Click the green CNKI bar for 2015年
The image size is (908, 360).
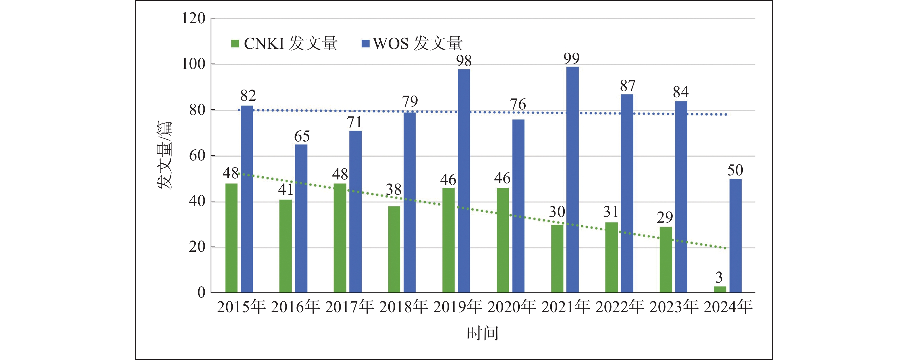click(x=231, y=238)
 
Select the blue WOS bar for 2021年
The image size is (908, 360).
click(x=572, y=180)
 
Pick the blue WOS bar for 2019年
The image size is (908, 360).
click(x=464, y=181)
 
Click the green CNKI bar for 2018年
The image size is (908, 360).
click(x=394, y=249)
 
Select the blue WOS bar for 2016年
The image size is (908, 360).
click(x=301, y=219)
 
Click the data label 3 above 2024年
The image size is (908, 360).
click(x=719, y=277)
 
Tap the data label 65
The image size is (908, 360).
click(x=302, y=137)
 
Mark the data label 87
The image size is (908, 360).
click(x=627, y=86)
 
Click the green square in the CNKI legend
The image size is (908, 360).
click(x=235, y=43)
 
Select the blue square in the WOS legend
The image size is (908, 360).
click(x=366, y=43)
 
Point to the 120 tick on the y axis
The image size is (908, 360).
click(x=193, y=18)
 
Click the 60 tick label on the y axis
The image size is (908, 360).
click(x=197, y=156)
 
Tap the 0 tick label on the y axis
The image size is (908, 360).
click(x=201, y=292)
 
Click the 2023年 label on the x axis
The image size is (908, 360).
click(x=674, y=307)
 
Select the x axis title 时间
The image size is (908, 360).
click(x=482, y=333)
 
